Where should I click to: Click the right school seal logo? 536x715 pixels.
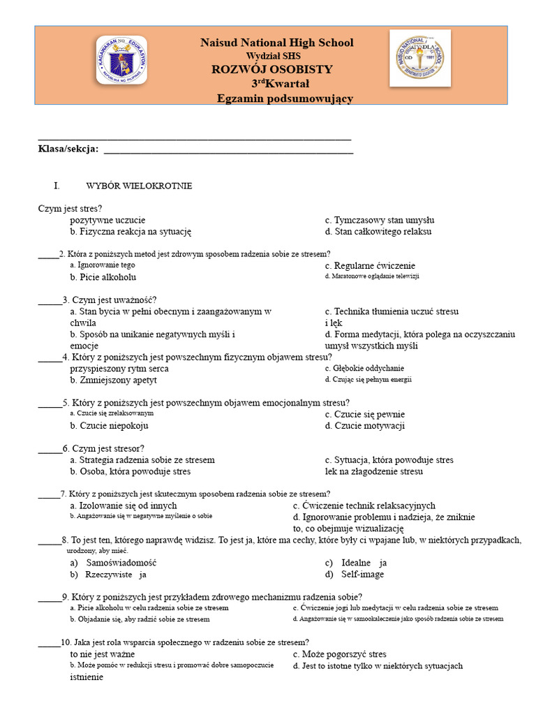pyautogui.click(x=419, y=58)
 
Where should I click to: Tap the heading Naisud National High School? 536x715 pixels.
pyautogui.click(x=276, y=43)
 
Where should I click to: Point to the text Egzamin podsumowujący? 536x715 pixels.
pyautogui.click(x=285, y=98)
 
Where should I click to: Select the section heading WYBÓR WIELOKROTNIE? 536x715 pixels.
pyautogui.click(x=139, y=186)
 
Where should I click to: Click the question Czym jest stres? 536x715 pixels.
pyautogui.click(x=70, y=208)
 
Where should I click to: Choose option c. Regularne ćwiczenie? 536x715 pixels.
pyautogui.click(x=370, y=265)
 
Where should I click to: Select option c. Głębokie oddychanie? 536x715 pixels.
pyautogui.click(x=364, y=368)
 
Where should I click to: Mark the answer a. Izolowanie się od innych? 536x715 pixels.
pyautogui.click(x=123, y=506)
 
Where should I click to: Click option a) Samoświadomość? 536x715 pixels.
pyautogui.click(x=113, y=562)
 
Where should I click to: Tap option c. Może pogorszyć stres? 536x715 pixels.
pyautogui.click(x=339, y=654)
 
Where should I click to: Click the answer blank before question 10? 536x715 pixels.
pyautogui.click(x=49, y=642)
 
